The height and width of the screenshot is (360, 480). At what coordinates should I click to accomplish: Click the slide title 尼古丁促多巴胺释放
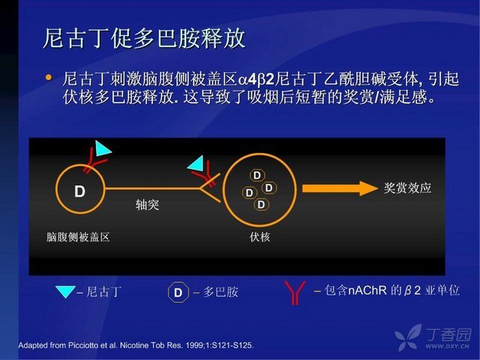(x=144, y=38)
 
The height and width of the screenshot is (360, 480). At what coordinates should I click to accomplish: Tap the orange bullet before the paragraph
(x=48, y=77)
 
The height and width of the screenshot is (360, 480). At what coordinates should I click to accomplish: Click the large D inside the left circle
(x=80, y=191)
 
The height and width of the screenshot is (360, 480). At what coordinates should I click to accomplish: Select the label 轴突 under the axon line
(x=147, y=205)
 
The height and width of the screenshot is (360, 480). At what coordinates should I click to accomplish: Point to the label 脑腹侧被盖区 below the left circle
(x=78, y=237)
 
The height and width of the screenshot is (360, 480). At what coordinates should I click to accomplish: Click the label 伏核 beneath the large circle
(x=259, y=237)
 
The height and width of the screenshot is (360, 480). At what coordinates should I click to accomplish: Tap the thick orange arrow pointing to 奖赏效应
(x=340, y=188)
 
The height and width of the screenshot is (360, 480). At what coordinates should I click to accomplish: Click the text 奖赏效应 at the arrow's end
(x=407, y=187)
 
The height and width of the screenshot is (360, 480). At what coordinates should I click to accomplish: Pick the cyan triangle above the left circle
(x=102, y=148)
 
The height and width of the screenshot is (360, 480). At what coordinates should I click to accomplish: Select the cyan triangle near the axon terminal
(x=196, y=163)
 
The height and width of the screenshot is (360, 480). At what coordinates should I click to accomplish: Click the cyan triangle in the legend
(x=65, y=292)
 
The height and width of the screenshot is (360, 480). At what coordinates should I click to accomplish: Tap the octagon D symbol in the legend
(x=178, y=292)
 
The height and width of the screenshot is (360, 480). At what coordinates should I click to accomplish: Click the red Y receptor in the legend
(x=295, y=292)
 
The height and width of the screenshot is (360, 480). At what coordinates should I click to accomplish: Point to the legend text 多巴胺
(x=221, y=292)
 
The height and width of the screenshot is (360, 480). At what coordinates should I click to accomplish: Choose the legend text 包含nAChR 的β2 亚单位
(x=392, y=290)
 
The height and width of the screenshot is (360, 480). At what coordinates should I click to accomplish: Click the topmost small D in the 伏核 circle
(x=257, y=175)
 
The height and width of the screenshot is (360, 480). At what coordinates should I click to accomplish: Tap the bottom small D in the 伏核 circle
(x=261, y=204)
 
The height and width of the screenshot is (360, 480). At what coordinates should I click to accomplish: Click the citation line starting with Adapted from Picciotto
(x=136, y=345)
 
